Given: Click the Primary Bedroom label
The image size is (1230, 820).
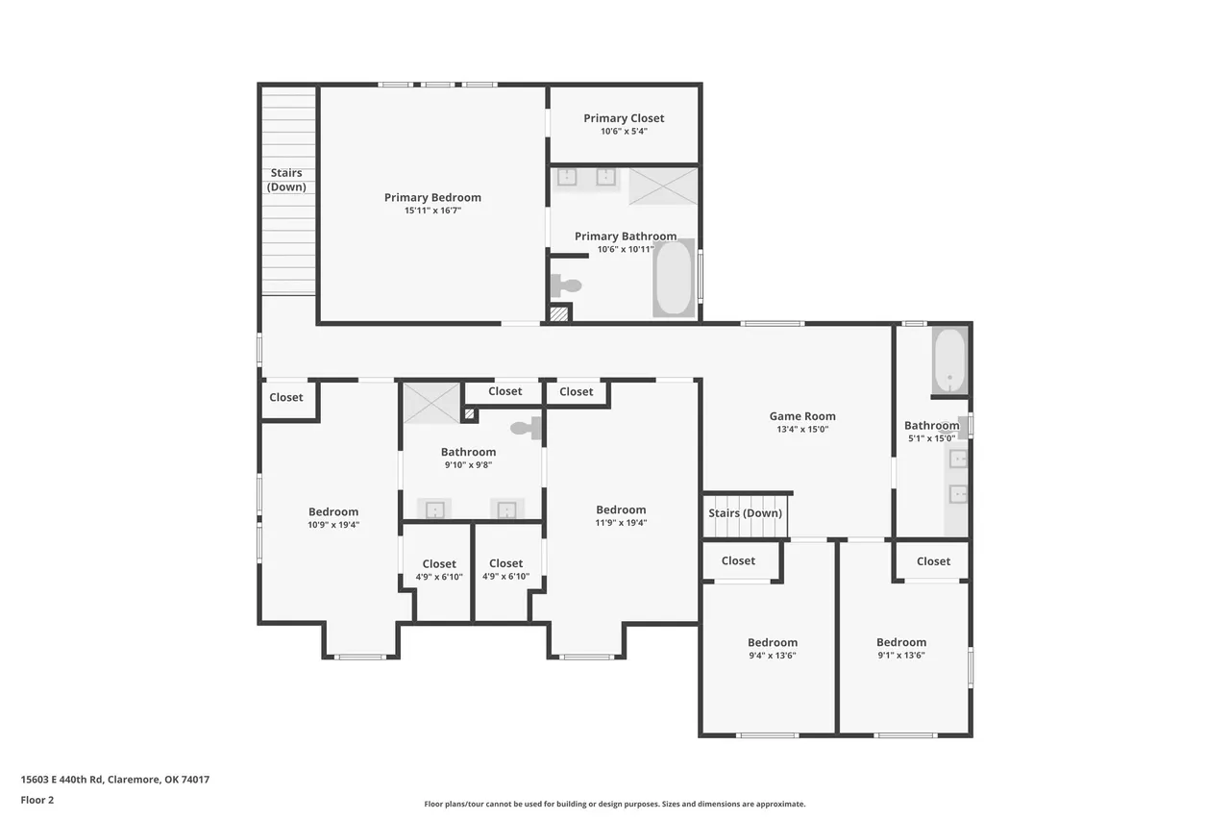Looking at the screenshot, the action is pyautogui.click(x=432, y=197).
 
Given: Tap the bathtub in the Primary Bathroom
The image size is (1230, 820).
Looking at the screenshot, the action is pyautogui.click(x=674, y=278).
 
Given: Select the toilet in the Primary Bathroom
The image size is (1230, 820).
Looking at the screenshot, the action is pyautogui.click(x=566, y=286).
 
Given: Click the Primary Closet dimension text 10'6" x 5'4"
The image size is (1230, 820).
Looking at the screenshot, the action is pyautogui.click(x=624, y=132).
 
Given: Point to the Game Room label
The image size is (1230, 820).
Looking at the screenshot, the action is pyautogui.click(x=802, y=416).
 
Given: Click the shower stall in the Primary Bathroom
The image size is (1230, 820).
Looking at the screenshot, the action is pyautogui.click(x=663, y=186).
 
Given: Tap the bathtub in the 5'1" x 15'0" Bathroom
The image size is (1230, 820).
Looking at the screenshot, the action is pyautogui.click(x=950, y=360).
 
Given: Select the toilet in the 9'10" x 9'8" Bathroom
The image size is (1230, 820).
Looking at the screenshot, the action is pyautogui.click(x=526, y=428).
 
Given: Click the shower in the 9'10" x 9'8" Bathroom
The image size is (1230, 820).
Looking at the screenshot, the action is pyautogui.click(x=431, y=403).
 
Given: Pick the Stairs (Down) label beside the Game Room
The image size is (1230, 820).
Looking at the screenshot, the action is pyautogui.click(x=745, y=513).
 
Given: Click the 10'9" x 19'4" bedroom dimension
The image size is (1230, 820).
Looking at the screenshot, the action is pyautogui.click(x=333, y=525).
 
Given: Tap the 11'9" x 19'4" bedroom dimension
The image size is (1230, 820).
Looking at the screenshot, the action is pyautogui.click(x=621, y=523).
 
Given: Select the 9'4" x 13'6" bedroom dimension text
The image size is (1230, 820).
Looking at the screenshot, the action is pyautogui.click(x=773, y=656).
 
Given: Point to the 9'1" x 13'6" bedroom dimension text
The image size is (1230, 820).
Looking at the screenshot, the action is pyautogui.click(x=901, y=656).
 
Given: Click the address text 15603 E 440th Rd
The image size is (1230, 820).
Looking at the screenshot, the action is pyautogui.click(x=61, y=780).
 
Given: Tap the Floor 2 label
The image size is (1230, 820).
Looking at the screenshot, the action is pyautogui.click(x=37, y=800).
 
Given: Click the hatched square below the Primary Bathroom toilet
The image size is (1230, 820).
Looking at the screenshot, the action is pyautogui.click(x=559, y=313).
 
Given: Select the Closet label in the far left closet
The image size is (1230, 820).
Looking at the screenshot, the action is pyautogui.click(x=286, y=397).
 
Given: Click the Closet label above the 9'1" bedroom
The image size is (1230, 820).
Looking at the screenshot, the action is pyautogui.click(x=933, y=561).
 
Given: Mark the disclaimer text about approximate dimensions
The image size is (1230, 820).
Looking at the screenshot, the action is pyautogui.click(x=614, y=804).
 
